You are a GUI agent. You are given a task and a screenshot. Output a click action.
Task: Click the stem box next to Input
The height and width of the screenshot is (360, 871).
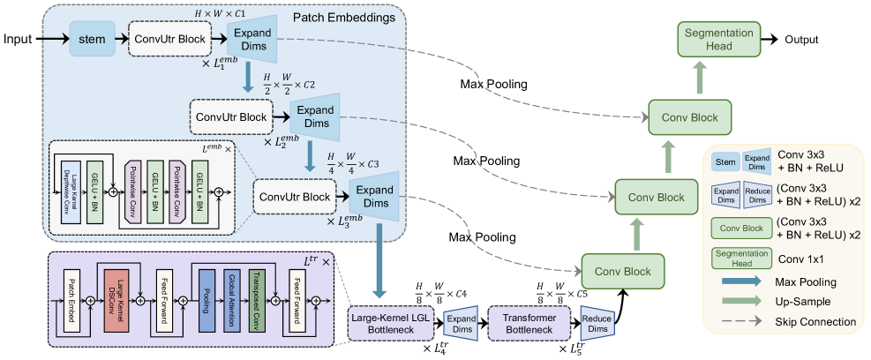[x=91, y=40]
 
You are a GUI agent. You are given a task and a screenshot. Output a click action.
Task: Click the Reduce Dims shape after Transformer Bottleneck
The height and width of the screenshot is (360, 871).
[x=596, y=322]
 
